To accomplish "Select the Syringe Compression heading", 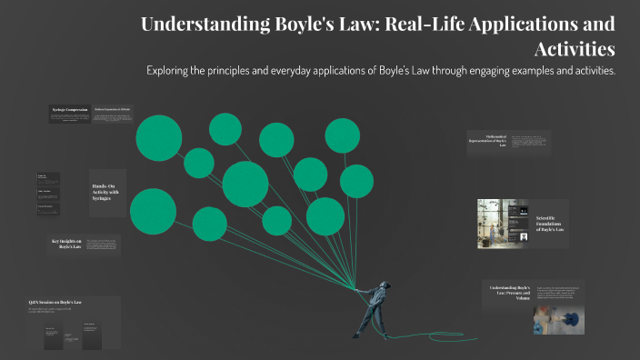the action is tap(69, 109).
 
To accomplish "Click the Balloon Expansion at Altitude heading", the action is tap(118, 109).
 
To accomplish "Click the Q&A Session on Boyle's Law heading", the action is tap(55, 301).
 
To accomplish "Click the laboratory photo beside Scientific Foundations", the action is tap(496, 224).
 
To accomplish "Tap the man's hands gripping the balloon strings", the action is tap(357, 289).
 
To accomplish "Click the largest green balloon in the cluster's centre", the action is tap(245, 184).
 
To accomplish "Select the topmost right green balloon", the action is tap(343, 136).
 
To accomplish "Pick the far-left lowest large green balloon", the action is tap(153, 211).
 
